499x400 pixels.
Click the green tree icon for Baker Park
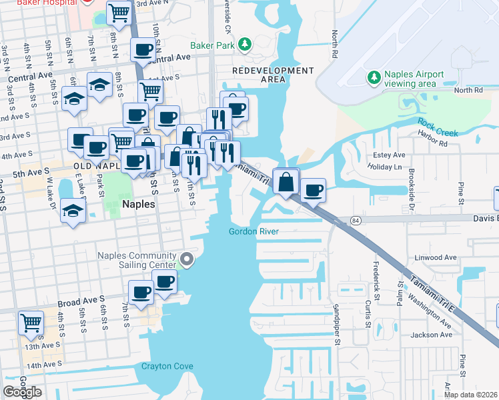pyautogui.click(x=246, y=45)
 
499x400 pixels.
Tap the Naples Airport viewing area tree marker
pyautogui.click(x=374, y=78)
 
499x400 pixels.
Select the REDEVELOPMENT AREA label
pyautogui.click(x=273, y=75)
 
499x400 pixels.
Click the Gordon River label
pyautogui.click(x=253, y=232)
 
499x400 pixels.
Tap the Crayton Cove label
pyautogui.click(x=167, y=366)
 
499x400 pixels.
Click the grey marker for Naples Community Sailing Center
pyautogui.click(x=187, y=260)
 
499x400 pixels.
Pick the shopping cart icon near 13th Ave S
pyautogui.click(x=31, y=323)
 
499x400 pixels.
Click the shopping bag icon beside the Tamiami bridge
pyautogui.click(x=286, y=181)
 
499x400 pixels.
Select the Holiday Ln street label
pyautogui.click(x=386, y=167)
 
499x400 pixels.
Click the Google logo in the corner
pyautogui.click(x=22, y=392)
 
